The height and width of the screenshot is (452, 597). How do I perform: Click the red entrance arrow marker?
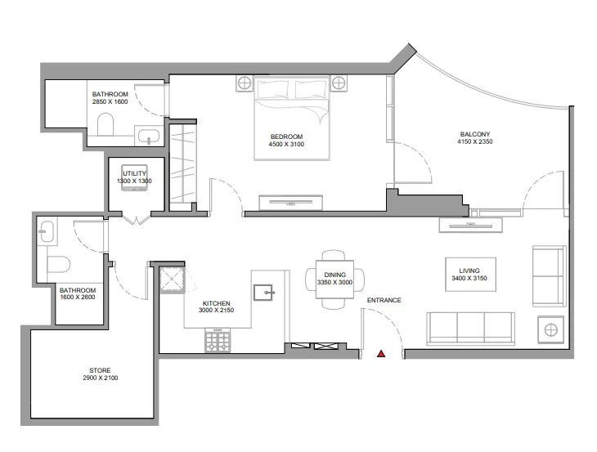(380, 354)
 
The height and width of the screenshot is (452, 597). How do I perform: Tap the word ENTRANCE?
(384, 300)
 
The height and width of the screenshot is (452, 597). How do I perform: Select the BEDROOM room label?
(285, 136)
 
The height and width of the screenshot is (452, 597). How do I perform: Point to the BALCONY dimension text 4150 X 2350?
(474, 142)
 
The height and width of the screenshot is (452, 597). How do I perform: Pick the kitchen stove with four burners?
(217, 342)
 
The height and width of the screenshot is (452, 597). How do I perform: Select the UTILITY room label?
(133, 173)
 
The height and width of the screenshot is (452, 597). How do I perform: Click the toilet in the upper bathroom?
(105, 124)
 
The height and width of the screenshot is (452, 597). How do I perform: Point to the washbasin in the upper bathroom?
(149, 135)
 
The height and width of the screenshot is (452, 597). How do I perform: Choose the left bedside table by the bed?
(243, 83)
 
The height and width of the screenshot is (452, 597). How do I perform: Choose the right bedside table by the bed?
(339, 83)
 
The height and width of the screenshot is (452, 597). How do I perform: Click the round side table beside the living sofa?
(551, 331)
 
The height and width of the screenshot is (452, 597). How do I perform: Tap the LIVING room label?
(469, 271)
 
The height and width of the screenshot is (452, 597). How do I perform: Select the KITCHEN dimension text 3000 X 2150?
(217, 311)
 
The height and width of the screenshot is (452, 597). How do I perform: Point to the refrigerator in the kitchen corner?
(173, 280)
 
